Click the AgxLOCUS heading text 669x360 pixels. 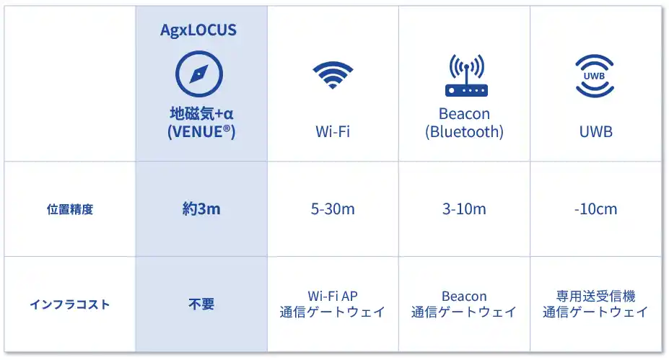[198, 30]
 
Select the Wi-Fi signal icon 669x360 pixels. [333, 75]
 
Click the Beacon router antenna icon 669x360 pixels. [466, 75]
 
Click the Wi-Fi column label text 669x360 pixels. [333, 131]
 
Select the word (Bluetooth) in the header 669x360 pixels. [464, 132]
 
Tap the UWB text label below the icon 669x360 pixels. [595, 132]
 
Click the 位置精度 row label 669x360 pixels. [70, 209]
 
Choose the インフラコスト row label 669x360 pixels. [70, 304]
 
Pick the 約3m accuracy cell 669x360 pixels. [201, 209]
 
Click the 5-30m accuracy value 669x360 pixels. [333, 209]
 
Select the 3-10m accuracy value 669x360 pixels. [464, 209]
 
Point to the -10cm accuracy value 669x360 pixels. [595, 209]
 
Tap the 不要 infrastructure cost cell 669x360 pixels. [201, 304]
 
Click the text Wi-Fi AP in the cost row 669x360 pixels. [333, 296]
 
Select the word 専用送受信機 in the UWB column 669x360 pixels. [595, 296]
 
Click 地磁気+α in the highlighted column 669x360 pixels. [201, 113]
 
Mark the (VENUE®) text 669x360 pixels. [201, 131]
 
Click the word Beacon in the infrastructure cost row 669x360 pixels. [464, 296]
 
